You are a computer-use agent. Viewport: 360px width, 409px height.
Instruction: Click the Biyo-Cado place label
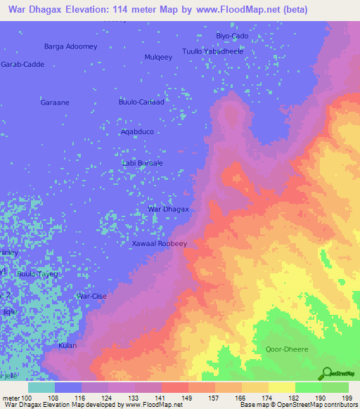(x=231, y=36)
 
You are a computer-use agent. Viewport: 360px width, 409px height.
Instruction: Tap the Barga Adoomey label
(x=70, y=46)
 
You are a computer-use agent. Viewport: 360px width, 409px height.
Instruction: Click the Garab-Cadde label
(x=22, y=64)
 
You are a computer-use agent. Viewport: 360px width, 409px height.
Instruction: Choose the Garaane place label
(x=53, y=102)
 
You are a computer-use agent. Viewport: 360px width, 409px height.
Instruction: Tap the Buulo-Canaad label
(x=141, y=102)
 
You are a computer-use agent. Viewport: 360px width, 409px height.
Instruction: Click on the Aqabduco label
(x=137, y=131)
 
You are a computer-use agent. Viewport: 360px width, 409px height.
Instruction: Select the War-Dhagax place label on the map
(x=168, y=209)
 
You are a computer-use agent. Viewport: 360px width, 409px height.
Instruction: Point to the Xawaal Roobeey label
(x=160, y=243)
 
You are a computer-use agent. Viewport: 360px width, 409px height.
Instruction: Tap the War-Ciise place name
(x=91, y=297)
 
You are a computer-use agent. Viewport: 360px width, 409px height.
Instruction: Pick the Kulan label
(x=67, y=346)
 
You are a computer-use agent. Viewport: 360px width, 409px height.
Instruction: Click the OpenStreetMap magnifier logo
(x=328, y=373)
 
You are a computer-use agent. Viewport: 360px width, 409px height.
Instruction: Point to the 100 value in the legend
(x=27, y=398)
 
